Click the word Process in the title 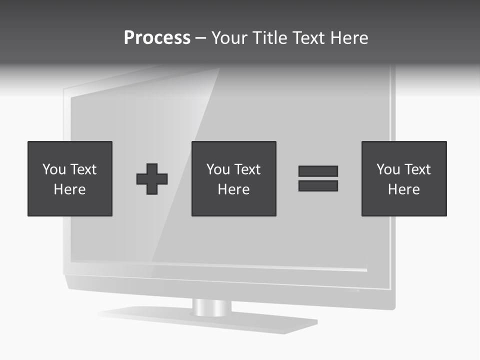pos(157,38)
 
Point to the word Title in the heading pos(268,38)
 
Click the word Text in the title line pos(306,38)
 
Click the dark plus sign pos(152,179)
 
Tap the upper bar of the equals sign pos(318,171)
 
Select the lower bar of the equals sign pos(318,186)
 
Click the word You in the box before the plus pos(54,169)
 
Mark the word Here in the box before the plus pos(70,189)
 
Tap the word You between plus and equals pos(218,169)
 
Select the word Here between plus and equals pos(234,189)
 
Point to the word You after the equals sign pos(388,169)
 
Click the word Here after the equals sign pos(404,189)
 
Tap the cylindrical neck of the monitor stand pos(212,307)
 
